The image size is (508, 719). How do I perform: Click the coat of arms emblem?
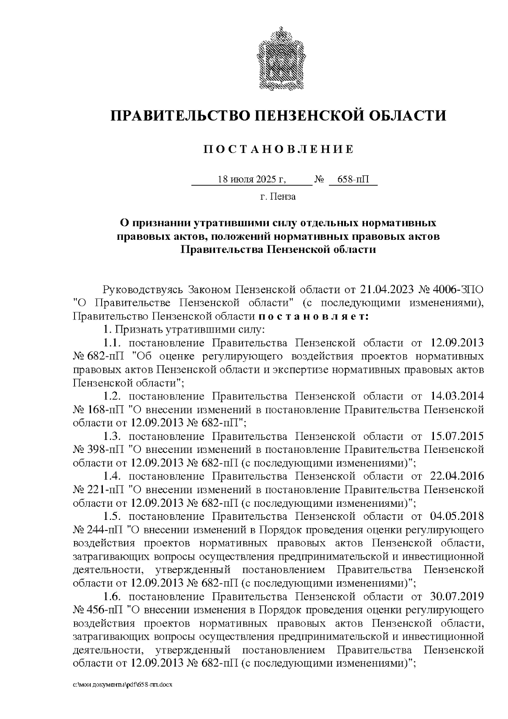coord(279,58)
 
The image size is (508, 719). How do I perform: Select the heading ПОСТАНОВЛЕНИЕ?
coord(279,149)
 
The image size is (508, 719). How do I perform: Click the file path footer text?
coord(123,684)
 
